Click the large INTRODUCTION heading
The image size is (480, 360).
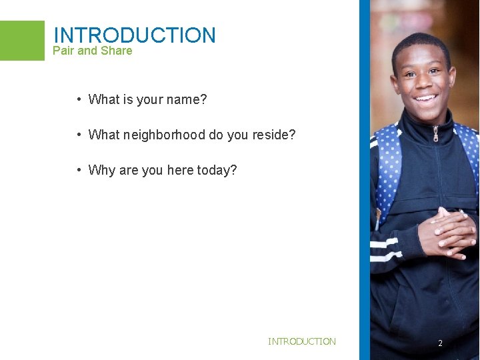(134, 35)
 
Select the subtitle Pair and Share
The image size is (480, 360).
(92, 51)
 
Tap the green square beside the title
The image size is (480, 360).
(22, 40)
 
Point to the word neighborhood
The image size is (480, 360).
(164, 135)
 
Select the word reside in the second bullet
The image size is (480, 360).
(273, 135)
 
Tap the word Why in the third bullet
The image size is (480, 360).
(101, 170)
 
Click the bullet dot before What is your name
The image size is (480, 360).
(79, 100)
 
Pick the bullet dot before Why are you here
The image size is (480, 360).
(79, 170)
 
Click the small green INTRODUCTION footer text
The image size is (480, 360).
(302, 341)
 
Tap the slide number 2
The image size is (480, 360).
(440, 343)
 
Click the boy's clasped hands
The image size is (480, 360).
(447, 230)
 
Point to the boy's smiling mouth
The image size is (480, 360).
(424, 102)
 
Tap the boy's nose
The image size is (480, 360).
(423, 83)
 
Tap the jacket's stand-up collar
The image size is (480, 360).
(413, 130)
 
